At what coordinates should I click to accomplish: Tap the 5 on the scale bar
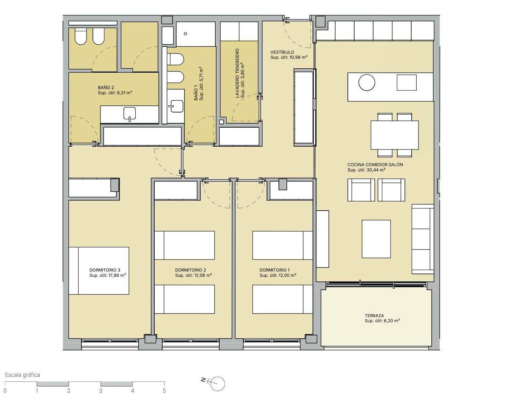[x=164, y=390]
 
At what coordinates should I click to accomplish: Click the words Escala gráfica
[x=23, y=375]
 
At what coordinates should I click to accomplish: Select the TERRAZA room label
[x=374, y=316]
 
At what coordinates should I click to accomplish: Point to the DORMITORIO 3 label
[x=105, y=270]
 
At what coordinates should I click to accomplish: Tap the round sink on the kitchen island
[x=367, y=82]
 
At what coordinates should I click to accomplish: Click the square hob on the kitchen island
[x=407, y=82]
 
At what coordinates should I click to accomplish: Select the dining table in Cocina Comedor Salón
[x=395, y=135]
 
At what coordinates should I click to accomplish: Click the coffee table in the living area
[x=376, y=239]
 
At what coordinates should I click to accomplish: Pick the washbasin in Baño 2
[x=130, y=113]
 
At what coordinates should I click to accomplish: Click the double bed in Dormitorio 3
[x=99, y=271]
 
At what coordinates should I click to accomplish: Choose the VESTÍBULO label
[x=282, y=52]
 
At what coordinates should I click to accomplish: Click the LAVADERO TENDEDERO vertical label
[x=237, y=73]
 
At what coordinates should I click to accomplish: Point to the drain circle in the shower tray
[x=185, y=33]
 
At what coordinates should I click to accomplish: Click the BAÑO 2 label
[x=106, y=87]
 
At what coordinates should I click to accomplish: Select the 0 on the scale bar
[x=5, y=390]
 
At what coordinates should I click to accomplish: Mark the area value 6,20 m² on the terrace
[x=391, y=321]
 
